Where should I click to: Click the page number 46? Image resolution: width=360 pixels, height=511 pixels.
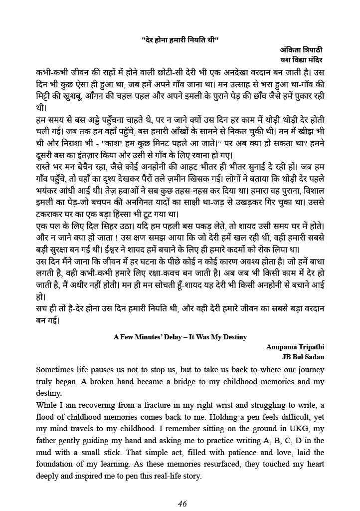tap(182, 504)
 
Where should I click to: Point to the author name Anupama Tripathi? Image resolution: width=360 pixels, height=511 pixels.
tap(295, 347)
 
